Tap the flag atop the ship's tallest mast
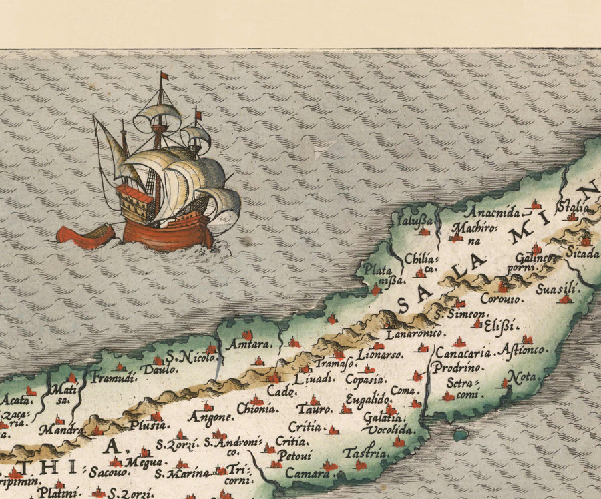coord(164,75)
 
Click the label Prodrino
coord(453,367)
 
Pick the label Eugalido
coord(367,399)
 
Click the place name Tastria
coord(365,454)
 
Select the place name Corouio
coord(502,300)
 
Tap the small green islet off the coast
coord(459,435)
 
